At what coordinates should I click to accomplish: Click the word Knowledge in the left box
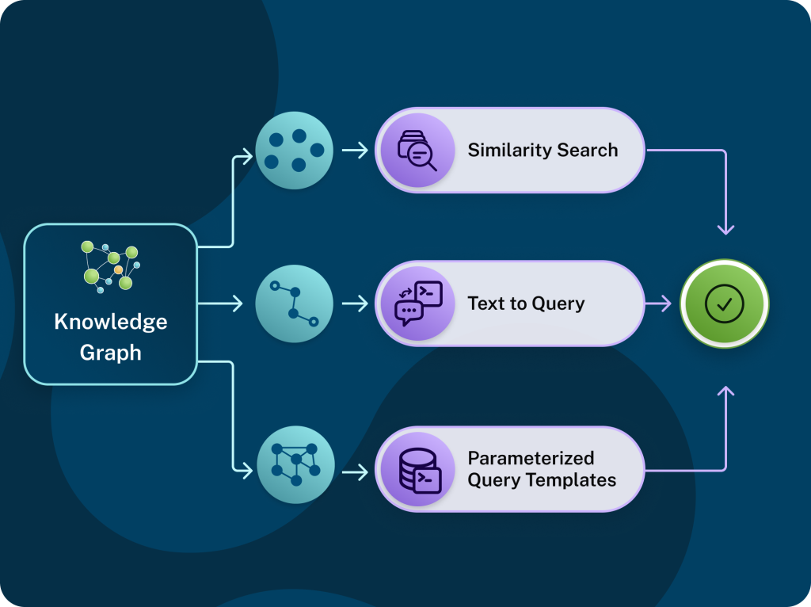110,322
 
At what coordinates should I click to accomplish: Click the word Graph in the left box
110,353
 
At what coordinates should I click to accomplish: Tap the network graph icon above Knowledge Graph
110,266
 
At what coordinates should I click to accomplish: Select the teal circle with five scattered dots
295,150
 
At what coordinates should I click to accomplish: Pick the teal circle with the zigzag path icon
295,303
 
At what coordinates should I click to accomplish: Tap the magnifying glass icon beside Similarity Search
417,150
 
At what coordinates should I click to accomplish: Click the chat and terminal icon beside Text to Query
417,303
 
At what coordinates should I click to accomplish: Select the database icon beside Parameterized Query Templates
417,469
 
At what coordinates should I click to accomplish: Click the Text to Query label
526,303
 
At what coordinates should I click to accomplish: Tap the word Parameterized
530,458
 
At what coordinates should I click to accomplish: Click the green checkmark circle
724,303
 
